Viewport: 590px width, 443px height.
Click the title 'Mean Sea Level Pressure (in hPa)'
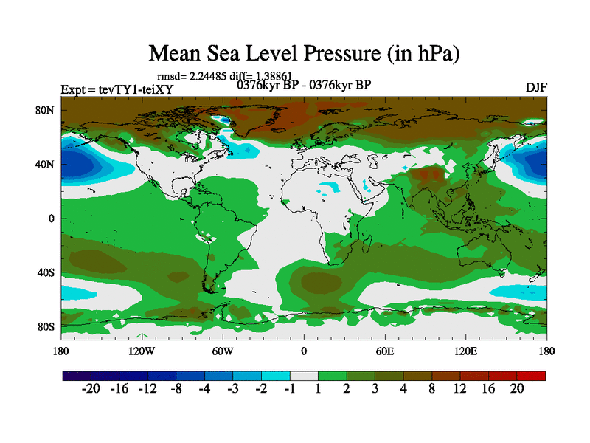[x=305, y=53]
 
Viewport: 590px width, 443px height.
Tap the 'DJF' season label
[x=536, y=87]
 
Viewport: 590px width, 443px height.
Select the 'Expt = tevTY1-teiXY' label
[x=111, y=90]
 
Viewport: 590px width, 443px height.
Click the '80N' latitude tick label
[x=46, y=110]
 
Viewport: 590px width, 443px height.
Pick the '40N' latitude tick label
[x=46, y=164]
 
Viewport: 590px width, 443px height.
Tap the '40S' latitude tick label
[x=46, y=272]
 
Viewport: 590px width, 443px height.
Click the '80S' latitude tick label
[x=46, y=326]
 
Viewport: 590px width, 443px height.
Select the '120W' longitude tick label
[x=142, y=351]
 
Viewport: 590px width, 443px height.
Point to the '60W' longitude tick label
[x=223, y=351]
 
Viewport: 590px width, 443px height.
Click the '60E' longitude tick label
[x=384, y=351]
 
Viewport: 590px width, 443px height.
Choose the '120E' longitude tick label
[x=465, y=351]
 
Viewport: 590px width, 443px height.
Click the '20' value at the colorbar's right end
[x=518, y=389]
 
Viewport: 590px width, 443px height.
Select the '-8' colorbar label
[x=176, y=389]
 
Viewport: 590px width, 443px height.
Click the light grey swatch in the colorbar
[x=304, y=376]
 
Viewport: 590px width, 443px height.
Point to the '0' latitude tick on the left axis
[x=52, y=219]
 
